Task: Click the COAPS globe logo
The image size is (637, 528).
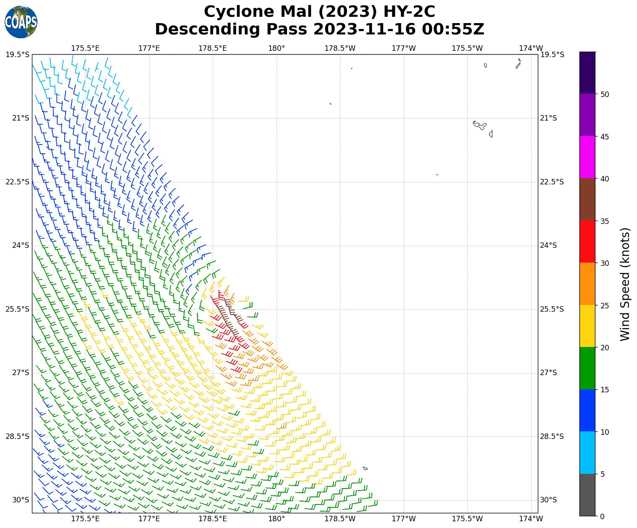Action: coord(21,22)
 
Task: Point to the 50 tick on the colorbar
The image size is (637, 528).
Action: coord(605,95)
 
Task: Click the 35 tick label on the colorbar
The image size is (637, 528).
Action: coord(605,221)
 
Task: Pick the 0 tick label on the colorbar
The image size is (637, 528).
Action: coord(602,516)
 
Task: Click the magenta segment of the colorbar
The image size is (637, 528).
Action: coord(587,157)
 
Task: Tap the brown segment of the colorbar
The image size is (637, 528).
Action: coord(587,200)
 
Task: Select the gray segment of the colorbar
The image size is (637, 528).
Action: coord(587,495)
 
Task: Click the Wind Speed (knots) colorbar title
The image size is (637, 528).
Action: coord(625,284)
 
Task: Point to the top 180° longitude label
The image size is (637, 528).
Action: coord(276,48)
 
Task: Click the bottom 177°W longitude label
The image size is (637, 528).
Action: coord(403,519)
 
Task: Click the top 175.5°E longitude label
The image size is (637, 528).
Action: coord(85,48)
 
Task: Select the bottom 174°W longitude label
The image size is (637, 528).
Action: coord(531,519)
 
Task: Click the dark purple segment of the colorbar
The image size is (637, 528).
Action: coord(587,73)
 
